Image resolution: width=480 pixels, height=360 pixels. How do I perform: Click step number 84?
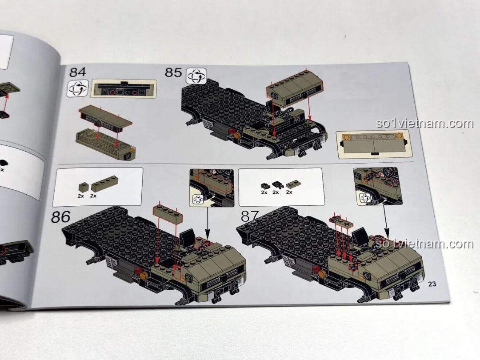tap(78, 72)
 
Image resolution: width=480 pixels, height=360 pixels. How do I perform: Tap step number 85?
tap(174, 72)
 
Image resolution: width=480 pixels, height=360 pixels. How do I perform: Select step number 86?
tap(60, 217)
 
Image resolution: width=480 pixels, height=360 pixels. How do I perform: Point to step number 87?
tap(250, 216)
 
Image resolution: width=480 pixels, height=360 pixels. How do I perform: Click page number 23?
tap(432, 284)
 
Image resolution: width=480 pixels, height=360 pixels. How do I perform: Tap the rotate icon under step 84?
tap(78, 89)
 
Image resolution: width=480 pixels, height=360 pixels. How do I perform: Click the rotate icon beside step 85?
tap(196, 76)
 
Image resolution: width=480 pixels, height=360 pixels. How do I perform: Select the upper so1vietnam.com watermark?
tap(424, 124)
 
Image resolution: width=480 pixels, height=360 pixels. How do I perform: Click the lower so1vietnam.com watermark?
tap(424, 244)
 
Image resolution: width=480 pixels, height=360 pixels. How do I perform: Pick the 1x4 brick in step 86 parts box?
tap(104, 184)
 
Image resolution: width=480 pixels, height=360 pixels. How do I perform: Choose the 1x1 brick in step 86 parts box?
tap(83, 187)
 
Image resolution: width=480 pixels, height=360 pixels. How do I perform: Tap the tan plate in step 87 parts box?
tap(293, 184)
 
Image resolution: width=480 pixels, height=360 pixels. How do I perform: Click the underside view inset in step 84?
tap(124, 88)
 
